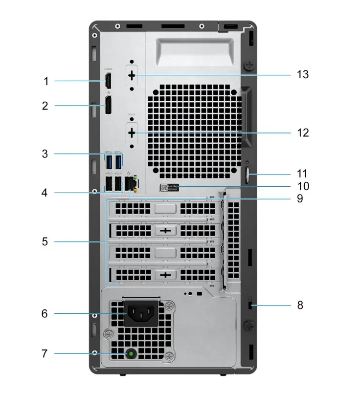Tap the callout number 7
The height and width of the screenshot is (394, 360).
[x=44, y=353]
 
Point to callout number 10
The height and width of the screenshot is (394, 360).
[x=303, y=186]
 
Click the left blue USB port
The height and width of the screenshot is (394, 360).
[x=109, y=161]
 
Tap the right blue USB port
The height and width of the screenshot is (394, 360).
[x=119, y=161]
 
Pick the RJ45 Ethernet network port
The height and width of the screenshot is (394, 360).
[x=131, y=184]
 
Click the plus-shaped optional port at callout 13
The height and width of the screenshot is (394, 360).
[x=132, y=75]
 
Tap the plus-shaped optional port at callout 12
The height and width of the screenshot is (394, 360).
[x=132, y=132]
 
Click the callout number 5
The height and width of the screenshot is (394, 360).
[x=45, y=241]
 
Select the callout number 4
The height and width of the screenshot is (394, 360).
[x=45, y=193]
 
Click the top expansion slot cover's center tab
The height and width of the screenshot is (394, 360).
[x=165, y=209]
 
